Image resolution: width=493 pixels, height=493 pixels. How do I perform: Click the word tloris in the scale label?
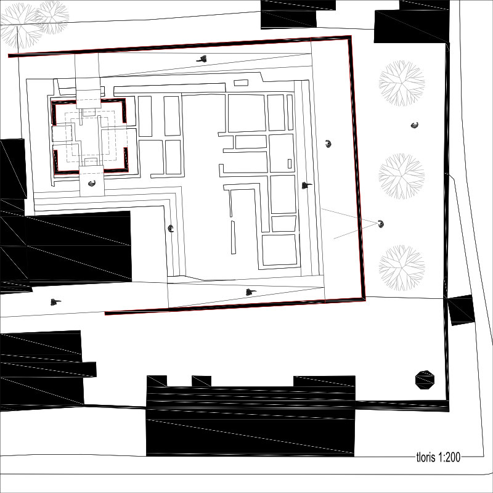426,457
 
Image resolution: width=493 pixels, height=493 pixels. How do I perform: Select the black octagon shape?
425,380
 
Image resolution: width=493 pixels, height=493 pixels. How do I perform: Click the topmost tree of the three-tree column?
402,83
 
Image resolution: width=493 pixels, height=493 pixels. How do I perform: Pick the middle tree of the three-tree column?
402,176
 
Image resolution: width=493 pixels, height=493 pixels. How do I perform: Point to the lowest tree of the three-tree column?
402,268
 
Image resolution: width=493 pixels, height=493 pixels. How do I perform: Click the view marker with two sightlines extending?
381,224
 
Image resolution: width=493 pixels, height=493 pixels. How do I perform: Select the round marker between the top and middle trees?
415,125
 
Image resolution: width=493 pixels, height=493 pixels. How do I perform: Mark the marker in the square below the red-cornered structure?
91,183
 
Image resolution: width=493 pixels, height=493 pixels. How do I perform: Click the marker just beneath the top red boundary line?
202,59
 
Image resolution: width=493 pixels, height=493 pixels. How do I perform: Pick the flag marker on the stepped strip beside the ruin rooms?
306,185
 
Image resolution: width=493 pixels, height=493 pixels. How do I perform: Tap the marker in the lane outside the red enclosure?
55,302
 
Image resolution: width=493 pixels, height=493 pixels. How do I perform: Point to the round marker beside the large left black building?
171,229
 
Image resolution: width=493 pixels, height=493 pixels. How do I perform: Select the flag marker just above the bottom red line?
251,292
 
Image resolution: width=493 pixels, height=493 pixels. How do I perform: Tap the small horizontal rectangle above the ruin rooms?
241,83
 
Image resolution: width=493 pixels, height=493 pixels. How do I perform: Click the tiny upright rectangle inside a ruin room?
290,163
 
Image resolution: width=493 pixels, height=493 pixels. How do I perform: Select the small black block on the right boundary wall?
461,310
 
